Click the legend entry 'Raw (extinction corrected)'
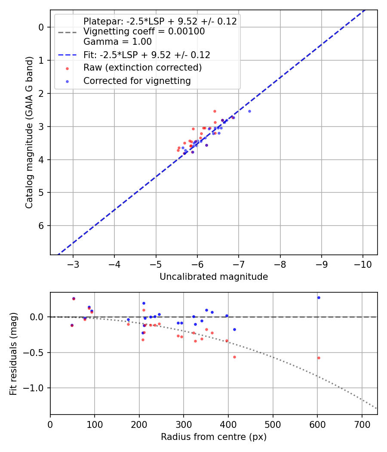point(142,68)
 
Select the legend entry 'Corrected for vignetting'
point(137,80)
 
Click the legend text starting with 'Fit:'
point(147,55)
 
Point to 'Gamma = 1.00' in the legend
point(117,42)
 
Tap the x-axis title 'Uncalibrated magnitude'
point(214,277)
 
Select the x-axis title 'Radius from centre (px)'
point(214,437)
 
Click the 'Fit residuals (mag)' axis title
point(13,353)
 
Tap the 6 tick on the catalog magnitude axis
point(42,226)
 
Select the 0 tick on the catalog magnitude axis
point(42,27)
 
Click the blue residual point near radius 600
point(319,297)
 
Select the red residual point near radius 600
point(319,358)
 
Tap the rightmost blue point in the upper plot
point(249,111)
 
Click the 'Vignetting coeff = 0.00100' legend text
point(144,31)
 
